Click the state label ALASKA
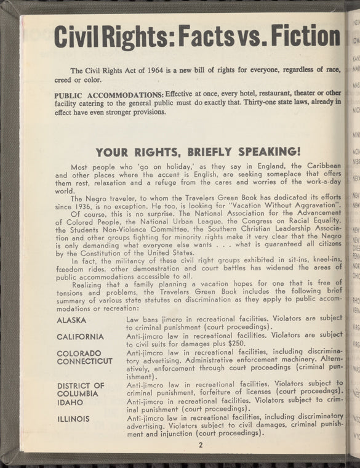coord(71,320)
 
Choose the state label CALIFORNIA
coord(80,337)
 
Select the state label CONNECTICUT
coord(84,361)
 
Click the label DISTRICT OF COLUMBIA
coord(80,390)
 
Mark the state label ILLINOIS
coord(73,419)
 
